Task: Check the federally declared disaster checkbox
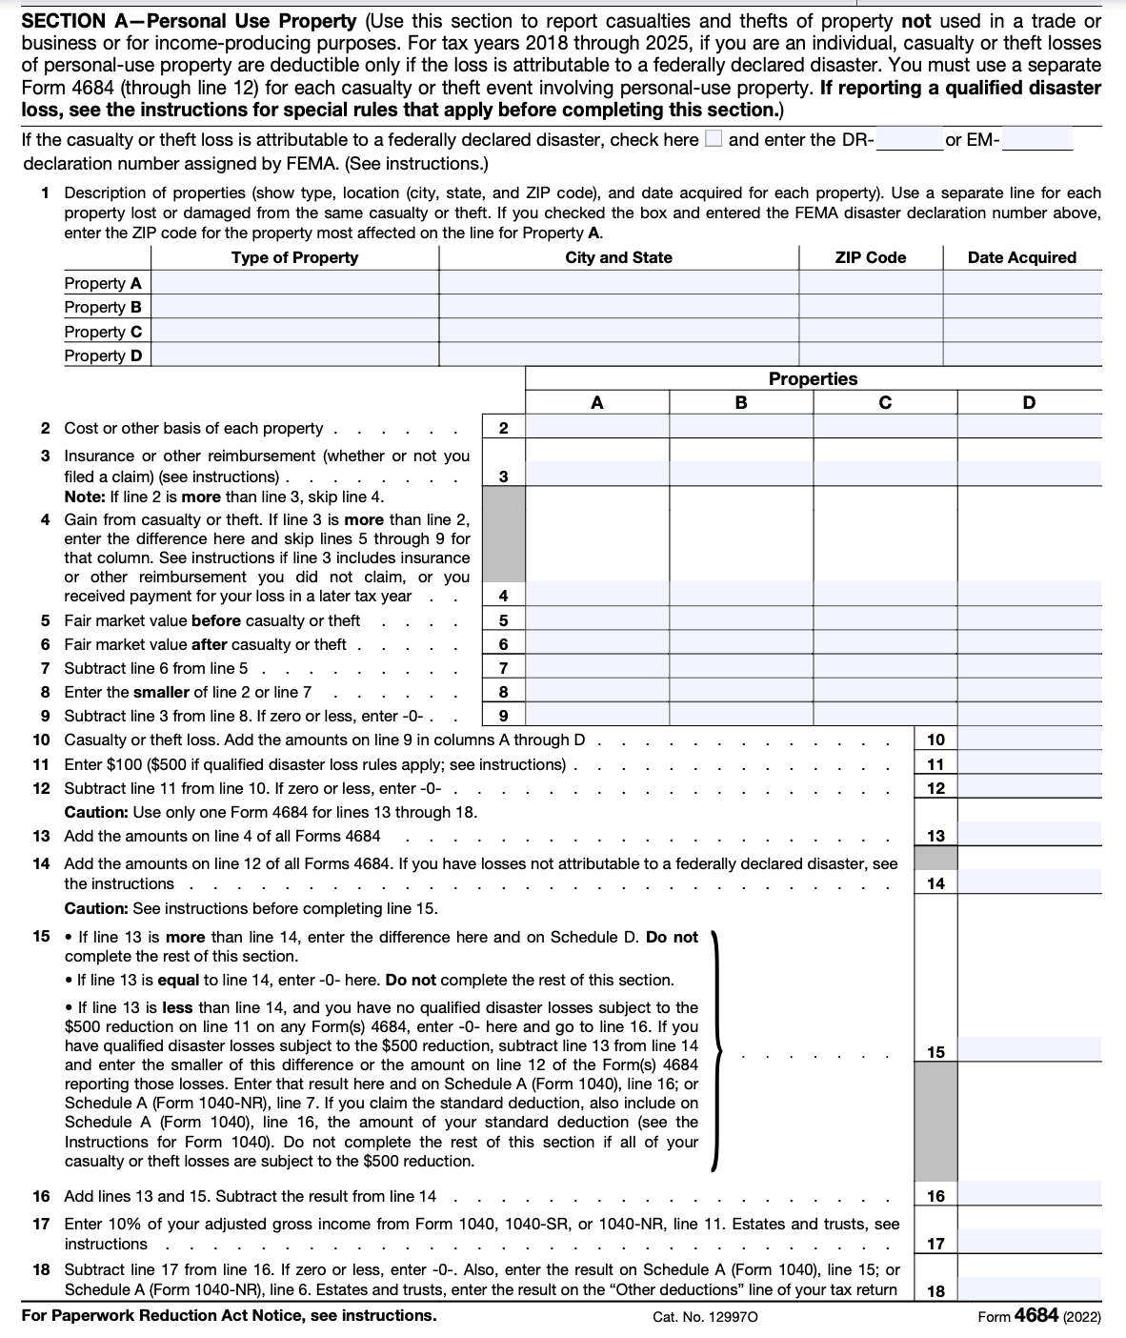713,140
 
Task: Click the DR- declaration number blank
909,141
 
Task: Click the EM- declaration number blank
1037,141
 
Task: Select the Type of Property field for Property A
294,283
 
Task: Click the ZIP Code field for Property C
871,332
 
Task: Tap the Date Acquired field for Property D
1021,355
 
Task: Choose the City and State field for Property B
618,307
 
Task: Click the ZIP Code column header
871,257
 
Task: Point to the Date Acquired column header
1021,257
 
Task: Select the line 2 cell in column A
597,427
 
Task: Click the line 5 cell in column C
885,620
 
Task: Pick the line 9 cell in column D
1029,716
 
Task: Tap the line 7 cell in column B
741,668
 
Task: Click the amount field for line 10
1029,740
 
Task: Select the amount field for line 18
1029,1291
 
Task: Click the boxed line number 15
935,1052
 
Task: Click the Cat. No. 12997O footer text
706,1317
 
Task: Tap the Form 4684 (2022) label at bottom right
1039,1316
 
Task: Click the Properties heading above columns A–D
813,378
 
